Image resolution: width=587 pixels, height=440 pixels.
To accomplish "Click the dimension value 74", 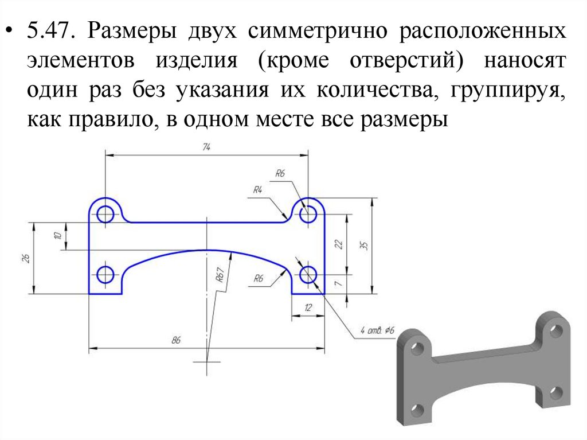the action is pyautogui.click(x=206, y=147).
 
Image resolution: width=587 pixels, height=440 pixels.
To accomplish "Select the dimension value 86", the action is pyautogui.click(x=175, y=341).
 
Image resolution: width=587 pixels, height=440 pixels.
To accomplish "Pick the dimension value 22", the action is pyautogui.click(x=339, y=244).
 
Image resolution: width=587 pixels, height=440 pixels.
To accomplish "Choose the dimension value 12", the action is pyautogui.click(x=308, y=308).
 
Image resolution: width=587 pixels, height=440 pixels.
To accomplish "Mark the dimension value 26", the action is pyautogui.click(x=26, y=258).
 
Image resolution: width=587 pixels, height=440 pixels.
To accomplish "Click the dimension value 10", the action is pyautogui.click(x=57, y=236).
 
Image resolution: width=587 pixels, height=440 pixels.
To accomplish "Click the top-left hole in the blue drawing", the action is pyautogui.click(x=105, y=215).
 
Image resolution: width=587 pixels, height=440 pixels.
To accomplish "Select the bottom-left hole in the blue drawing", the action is pyautogui.click(x=105, y=275).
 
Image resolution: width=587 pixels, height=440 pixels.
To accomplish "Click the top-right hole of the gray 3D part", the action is pyautogui.click(x=555, y=332).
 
